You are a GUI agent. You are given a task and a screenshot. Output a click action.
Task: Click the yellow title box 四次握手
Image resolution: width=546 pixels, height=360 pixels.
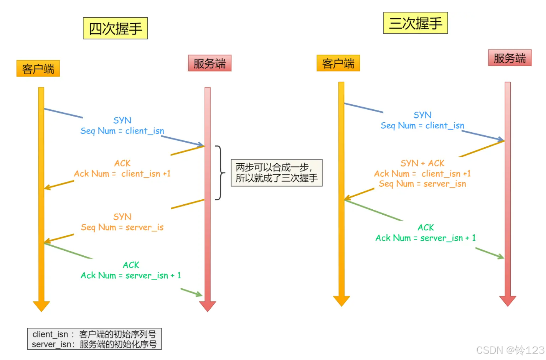click(115, 28)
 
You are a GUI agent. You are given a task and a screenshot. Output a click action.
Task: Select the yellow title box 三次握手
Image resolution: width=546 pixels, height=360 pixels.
click(415, 23)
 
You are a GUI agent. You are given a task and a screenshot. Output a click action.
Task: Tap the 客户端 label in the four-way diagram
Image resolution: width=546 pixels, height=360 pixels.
click(38, 69)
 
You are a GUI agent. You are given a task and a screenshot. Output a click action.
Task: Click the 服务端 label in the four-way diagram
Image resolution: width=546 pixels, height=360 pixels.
click(209, 63)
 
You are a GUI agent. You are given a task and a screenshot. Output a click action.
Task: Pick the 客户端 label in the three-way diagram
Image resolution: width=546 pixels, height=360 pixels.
click(338, 63)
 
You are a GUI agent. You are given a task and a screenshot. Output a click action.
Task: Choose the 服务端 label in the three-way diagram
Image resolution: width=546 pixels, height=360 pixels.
click(510, 58)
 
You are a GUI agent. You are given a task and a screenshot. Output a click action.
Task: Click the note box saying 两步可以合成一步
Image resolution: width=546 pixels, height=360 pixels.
click(276, 173)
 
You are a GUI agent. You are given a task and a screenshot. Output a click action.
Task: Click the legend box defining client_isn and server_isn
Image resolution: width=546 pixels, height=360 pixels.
click(94, 339)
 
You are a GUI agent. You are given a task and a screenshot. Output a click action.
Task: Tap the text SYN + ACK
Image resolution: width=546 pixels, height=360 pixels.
click(422, 163)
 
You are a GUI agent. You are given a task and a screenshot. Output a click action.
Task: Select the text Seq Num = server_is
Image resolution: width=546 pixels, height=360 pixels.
click(122, 227)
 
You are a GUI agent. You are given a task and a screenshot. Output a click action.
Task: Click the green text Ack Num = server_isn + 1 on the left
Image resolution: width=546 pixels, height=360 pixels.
click(130, 275)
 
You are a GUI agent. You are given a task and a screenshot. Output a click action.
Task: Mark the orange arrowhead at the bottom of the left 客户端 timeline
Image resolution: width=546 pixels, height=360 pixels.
click(41, 306)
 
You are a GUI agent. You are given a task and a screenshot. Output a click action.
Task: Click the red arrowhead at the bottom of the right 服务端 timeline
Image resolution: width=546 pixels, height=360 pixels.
click(508, 301)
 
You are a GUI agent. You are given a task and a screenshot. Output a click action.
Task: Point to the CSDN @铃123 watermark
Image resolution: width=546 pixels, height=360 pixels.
click(510, 350)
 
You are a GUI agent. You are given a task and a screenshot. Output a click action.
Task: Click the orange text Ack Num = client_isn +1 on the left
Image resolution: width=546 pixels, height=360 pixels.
click(122, 174)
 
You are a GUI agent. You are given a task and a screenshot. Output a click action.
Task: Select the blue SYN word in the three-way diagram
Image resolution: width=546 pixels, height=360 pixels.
click(422, 115)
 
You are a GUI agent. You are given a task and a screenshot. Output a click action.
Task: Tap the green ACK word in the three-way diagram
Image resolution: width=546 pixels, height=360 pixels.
click(426, 227)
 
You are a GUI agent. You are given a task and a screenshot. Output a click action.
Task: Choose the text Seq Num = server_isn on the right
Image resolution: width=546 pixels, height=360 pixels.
click(422, 184)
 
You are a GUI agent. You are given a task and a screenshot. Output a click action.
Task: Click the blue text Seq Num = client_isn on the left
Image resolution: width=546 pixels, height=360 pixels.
click(122, 131)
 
